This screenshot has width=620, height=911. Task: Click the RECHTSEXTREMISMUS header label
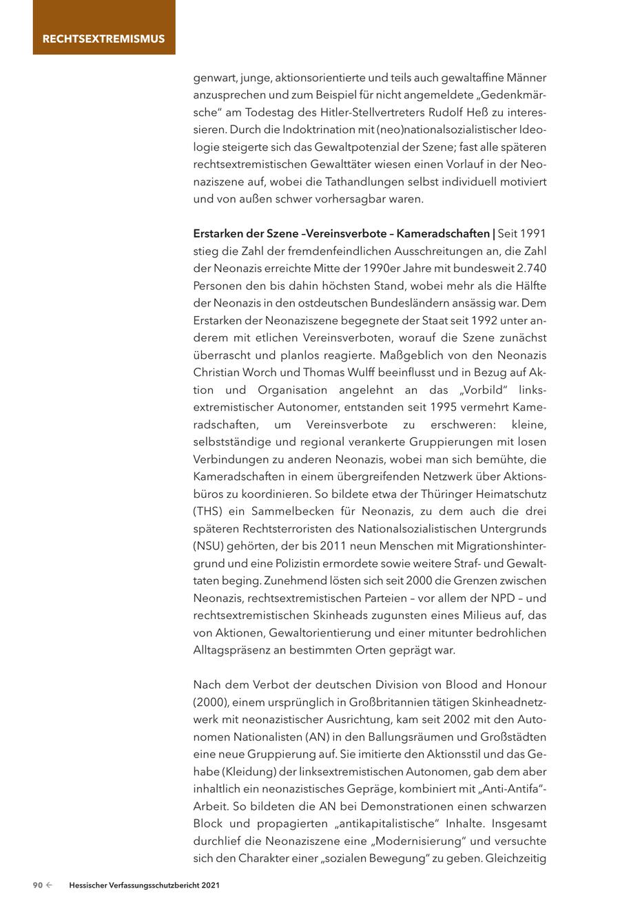[103, 39]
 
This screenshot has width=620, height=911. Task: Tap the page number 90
[39, 886]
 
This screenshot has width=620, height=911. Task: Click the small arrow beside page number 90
[50, 886]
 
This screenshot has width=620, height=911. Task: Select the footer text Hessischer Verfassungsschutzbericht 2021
[144, 886]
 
